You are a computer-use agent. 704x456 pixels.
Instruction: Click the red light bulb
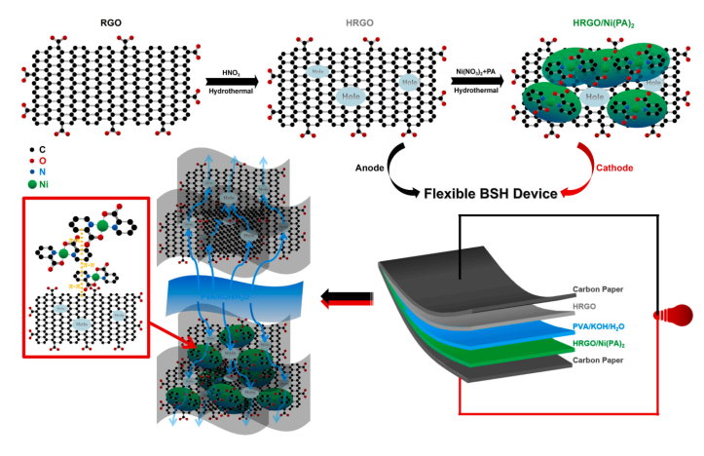tap(683, 314)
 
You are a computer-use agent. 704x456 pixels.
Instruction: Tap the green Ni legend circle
tap(34, 182)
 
